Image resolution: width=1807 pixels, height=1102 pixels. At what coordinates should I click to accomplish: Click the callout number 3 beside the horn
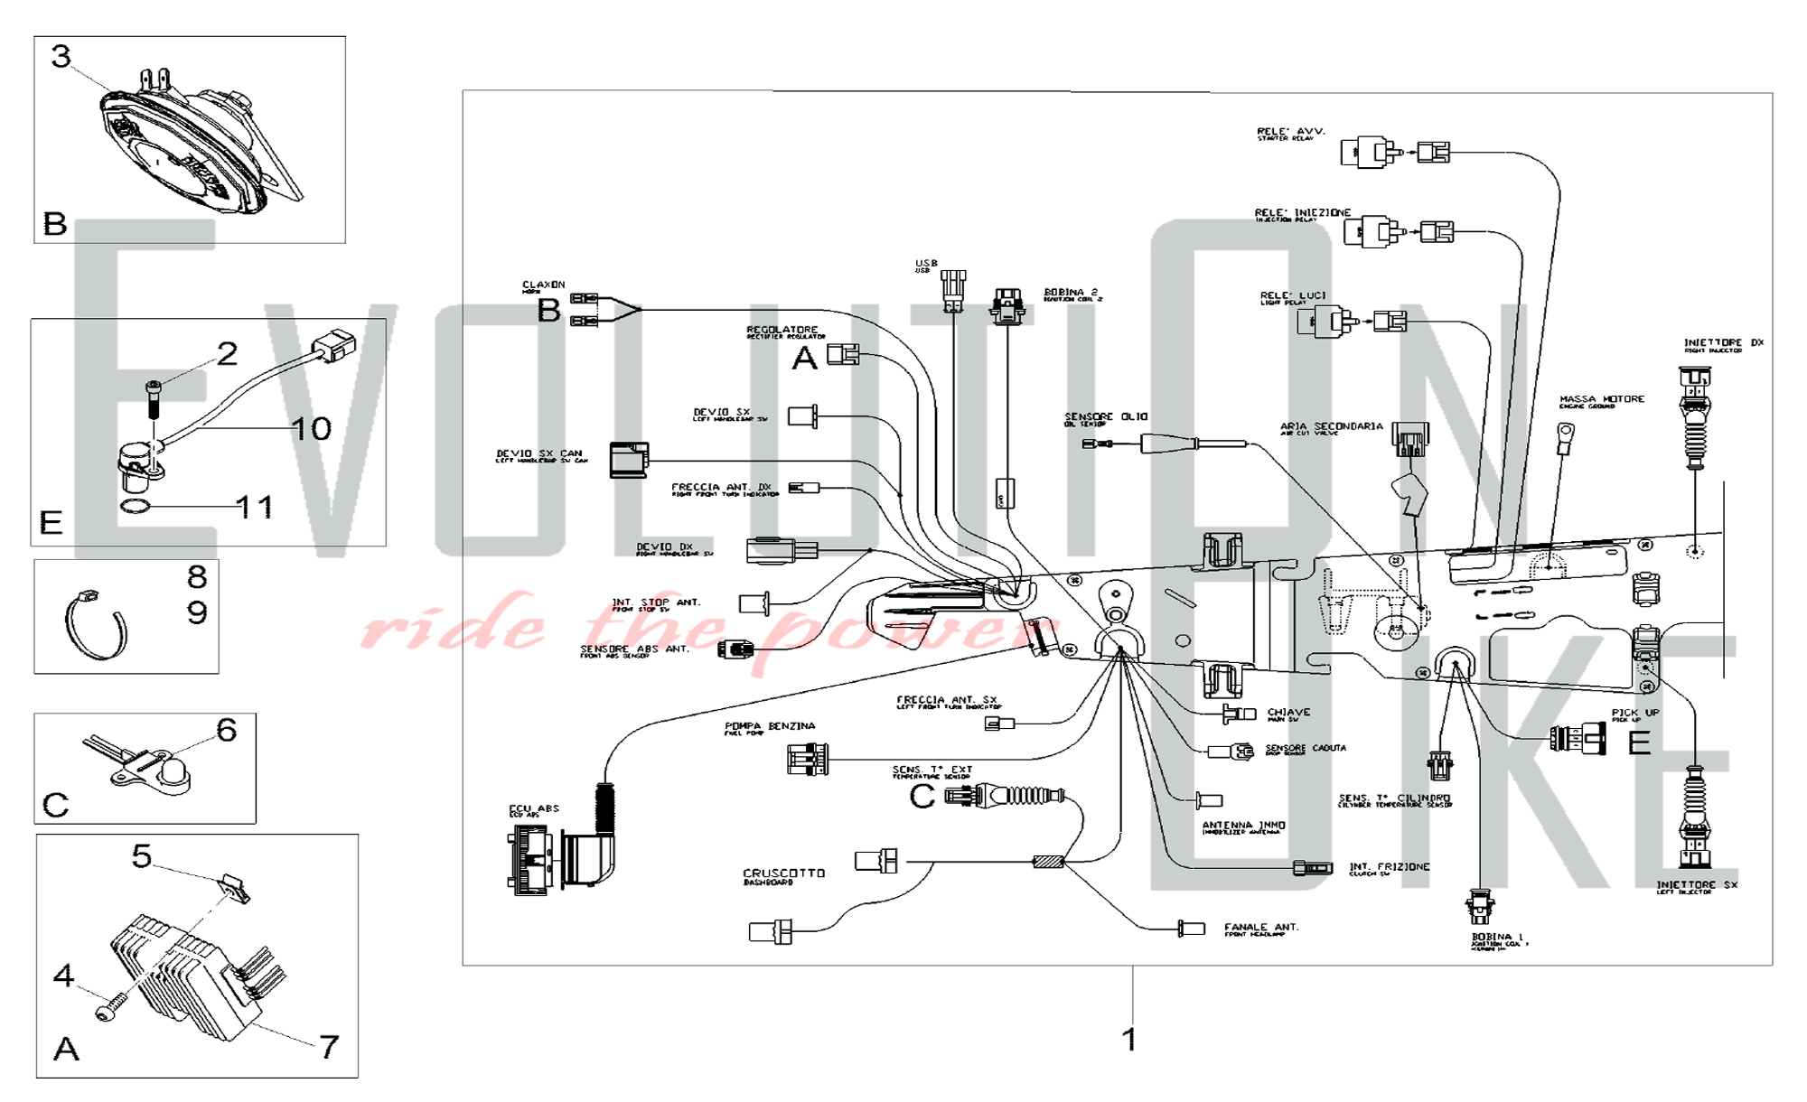[x=61, y=56]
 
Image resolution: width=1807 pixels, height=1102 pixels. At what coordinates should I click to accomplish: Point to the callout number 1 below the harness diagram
[x=1128, y=1039]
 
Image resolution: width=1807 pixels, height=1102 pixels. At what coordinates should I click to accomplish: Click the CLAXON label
[x=543, y=285]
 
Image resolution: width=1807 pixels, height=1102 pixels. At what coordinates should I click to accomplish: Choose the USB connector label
[x=926, y=265]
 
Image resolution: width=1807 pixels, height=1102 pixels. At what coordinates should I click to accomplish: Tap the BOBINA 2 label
[x=1072, y=294]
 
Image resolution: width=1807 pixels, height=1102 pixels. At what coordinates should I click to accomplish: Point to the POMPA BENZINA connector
[x=807, y=759]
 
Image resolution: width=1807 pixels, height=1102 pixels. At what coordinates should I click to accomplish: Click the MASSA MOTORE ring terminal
[x=1564, y=436]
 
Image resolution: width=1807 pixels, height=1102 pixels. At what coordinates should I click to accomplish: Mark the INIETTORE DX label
[x=1723, y=343]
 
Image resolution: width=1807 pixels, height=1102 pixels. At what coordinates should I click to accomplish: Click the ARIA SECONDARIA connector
[x=1409, y=439]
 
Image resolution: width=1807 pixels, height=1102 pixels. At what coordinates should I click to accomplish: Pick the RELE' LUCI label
[x=1292, y=296]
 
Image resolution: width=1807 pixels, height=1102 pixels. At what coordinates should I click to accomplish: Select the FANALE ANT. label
[x=1260, y=928]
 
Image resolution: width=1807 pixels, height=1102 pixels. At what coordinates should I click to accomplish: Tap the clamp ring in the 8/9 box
[x=94, y=623]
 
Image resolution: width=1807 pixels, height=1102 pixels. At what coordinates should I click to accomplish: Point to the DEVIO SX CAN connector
[x=629, y=459]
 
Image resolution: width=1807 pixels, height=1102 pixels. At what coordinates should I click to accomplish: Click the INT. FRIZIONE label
[x=1389, y=867]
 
